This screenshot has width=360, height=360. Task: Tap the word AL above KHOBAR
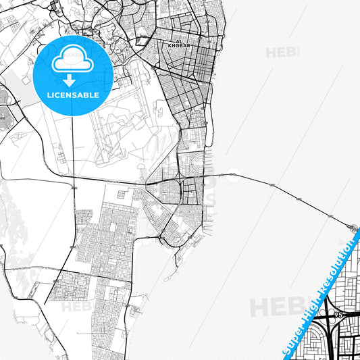(178, 41)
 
